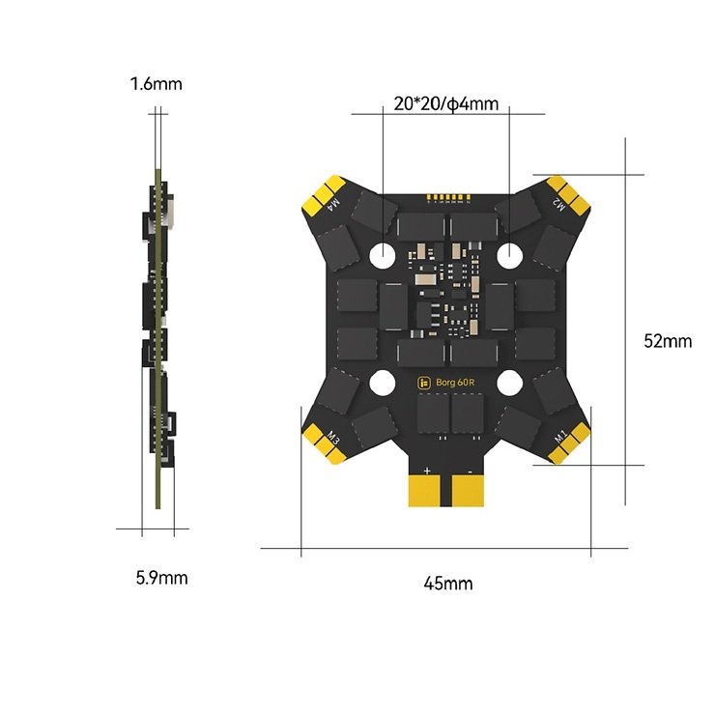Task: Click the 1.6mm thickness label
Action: point(156,84)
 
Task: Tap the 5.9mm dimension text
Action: point(161,578)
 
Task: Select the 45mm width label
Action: point(447,583)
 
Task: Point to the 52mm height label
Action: point(668,340)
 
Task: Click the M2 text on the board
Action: point(558,203)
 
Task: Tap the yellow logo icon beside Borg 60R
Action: point(422,383)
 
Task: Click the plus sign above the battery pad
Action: point(425,471)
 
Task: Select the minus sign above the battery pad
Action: point(469,471)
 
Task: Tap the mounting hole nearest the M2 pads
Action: point(510,255)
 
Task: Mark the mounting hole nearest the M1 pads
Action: point(510,383)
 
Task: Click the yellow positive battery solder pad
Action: point(424,491)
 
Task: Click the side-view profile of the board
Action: point(157,338)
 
